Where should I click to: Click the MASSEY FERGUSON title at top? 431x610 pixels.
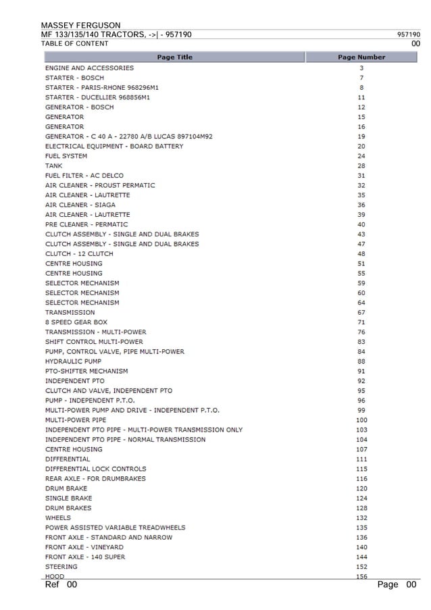click(x=80, y=25)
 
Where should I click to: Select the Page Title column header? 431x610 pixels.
click(x=174, y=57)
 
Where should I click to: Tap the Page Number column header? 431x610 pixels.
click(x=361, y=57)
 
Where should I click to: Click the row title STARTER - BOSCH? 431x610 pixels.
click(x=74, y=78)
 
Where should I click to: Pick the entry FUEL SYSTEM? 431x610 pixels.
click(x=66, y=156)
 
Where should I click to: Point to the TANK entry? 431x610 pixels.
click(x=53, y=166)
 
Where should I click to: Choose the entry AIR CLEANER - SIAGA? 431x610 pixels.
click(x=80, y=205)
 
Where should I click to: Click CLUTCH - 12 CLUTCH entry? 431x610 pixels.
click(x=79, y=254)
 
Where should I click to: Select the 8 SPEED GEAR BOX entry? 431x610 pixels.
click(x=76, y=322)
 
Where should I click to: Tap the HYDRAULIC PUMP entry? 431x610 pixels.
click(x=73, y=361)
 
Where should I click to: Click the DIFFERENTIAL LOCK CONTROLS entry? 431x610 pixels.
click(x=95, y=469)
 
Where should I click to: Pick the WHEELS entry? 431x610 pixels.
click(x=57, y=518)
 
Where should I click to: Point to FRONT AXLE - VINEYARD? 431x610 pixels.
click(x=84, y=547)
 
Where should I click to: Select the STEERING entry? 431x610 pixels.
click(x=61, y=567)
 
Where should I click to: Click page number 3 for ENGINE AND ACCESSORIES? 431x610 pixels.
click(x=361, y=68)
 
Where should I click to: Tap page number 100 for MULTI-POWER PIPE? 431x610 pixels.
click(x=361, y=420)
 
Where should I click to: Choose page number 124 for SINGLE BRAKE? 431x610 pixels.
click(x=361, y=499)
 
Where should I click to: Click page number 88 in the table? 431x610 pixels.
click(x=361, y=361)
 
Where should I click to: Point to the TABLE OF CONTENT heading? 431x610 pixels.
click(x=74, y=44)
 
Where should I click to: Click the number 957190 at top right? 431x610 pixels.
click(x=408, y=34)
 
